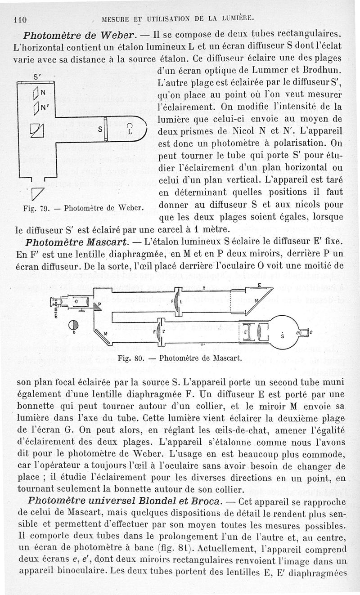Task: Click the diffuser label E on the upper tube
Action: click(x=259, y=285)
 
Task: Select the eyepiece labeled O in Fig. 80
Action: click(x=75, y=301)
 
